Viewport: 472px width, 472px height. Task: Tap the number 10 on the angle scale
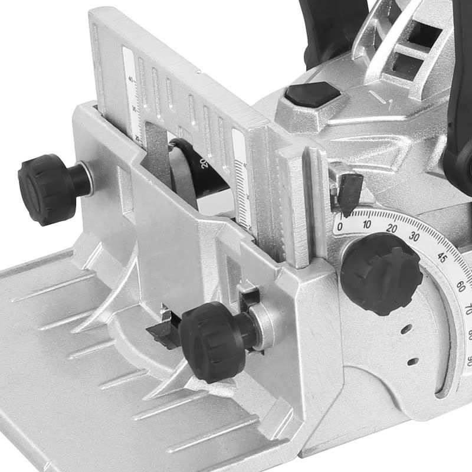tap(367, 224)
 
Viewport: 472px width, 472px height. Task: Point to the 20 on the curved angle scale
tap(392, 228)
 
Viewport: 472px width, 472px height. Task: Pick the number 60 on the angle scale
tap(460, 287)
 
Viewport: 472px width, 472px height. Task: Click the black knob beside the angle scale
tap(381, 273)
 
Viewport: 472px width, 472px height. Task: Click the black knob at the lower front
tap(209, 333)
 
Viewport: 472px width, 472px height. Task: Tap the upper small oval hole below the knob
tap(406, 329)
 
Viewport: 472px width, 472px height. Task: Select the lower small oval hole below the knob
tap(412, 361)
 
